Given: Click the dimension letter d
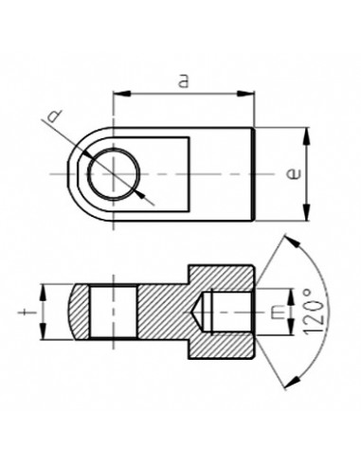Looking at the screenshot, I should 57,117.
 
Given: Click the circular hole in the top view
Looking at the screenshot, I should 111,174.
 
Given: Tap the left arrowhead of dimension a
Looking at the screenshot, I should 118,94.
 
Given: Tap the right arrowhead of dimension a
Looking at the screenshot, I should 250,94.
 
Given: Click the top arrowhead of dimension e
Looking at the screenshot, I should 305,135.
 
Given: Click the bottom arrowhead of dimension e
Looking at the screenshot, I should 305,213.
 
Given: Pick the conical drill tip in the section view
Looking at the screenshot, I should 201,311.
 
